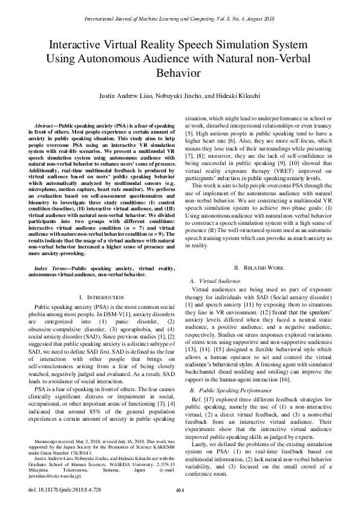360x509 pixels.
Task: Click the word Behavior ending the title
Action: pos(179,74)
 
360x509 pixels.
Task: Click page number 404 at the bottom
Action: pos(179,490)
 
